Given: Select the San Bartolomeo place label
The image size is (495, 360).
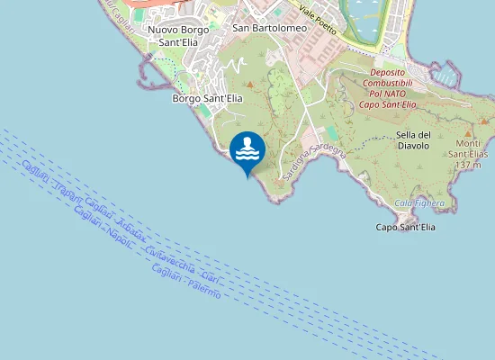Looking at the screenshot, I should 270,28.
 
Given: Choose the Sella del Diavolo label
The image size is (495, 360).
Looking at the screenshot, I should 414,139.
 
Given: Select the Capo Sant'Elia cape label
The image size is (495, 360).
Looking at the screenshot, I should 405,228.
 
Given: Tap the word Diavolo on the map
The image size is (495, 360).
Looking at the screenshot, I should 414,145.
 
